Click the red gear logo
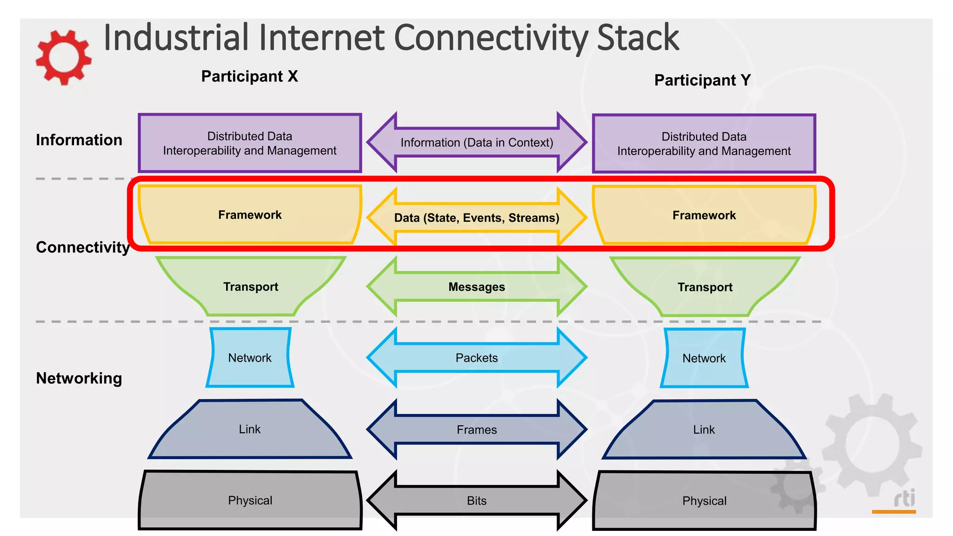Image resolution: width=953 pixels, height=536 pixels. [x=63, y=57]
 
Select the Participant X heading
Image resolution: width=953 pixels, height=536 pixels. [x=249, y=76]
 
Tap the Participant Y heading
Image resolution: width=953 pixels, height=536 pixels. [x=702, y=80]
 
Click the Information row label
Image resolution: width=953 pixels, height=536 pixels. [x=79, y=140]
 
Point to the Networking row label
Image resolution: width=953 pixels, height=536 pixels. [x=79, y=378]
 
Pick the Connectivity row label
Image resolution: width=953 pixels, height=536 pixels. [x=82, y=247]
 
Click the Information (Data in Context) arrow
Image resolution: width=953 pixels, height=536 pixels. [x=476, y=142]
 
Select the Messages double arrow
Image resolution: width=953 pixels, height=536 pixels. [x=476, y=287]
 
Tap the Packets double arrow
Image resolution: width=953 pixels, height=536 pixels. [x=476, y=358]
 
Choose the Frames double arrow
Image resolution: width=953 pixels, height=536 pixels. [x=476, y=429]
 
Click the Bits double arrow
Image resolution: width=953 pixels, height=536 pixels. [x=476, y=501]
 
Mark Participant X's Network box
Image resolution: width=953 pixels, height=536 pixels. [x=250, y=358]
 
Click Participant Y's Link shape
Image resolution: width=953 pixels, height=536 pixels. [x=704, y=429]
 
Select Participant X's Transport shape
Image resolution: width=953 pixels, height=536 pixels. [x=250, y=287]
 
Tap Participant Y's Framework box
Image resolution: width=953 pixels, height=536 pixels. [x=704, y=215]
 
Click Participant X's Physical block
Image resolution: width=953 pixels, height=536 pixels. [x=250, y=501]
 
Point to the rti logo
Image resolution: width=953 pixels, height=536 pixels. [x=904, y=499]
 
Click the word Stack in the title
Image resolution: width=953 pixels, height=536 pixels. [x=638, y=38]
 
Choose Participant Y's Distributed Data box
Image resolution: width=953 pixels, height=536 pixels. [x=704, y=144]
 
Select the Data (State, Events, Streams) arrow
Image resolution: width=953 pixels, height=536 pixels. [x=476, y=218]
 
